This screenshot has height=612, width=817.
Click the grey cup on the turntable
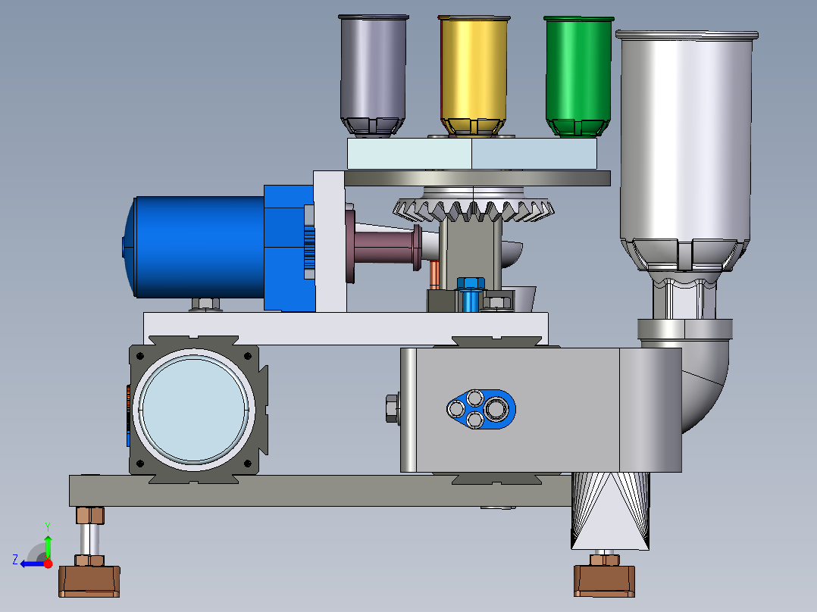tap(373, 76)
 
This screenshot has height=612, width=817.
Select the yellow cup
tap(473, 76)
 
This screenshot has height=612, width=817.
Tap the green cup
tap(578, 76)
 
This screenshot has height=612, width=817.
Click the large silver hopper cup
tap(686, 151)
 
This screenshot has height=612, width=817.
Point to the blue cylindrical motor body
tap(196, 248)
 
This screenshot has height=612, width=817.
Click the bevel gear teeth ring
tap(473, 209)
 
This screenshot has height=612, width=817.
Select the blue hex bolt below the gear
tap(471, 295)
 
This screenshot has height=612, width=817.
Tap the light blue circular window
tap(193, 410)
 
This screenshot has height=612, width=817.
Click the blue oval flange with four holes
tap(481, 409)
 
